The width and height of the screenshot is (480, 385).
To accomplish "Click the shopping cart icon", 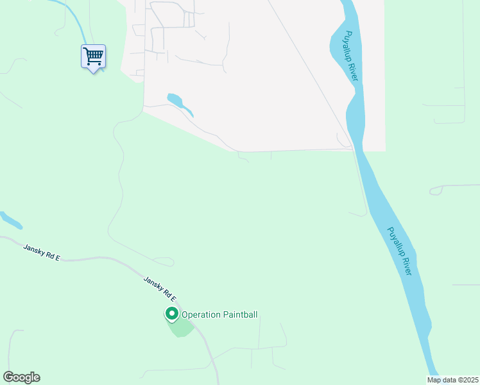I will coord(93,56).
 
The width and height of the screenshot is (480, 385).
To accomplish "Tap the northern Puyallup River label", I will coord(350,56).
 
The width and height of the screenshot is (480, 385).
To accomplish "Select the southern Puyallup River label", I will coord(399,251).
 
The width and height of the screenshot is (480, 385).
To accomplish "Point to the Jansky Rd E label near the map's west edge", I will coord(42,252).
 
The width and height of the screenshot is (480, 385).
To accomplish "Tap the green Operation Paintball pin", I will coord(172,314).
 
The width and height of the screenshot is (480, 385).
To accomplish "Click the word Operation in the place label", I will coord(201,314).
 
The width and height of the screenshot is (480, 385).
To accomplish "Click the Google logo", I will coord(21,377).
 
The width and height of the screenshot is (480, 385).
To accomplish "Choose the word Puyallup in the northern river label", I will coord(348,47).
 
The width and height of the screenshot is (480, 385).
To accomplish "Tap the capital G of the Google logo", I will coord(8,377).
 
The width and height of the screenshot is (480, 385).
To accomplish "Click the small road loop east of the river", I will coord(436,190).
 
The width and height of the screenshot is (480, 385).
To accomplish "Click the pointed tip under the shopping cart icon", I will coord(94,72).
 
